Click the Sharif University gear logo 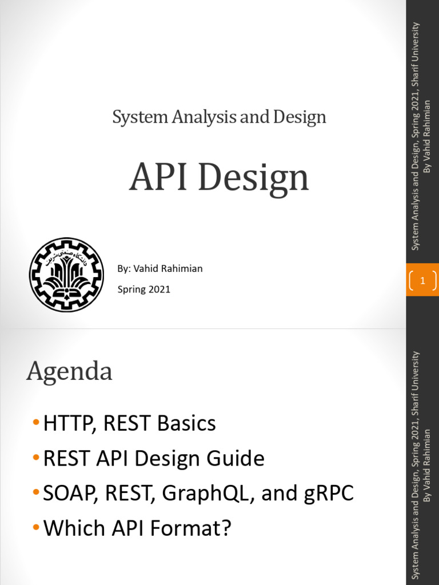click(66, 275)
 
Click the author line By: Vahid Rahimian click(160, 269)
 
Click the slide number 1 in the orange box click(422, 281)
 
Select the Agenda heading click(69, 372)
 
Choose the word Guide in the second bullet click(238, 458)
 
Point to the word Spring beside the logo click(131, 289)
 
